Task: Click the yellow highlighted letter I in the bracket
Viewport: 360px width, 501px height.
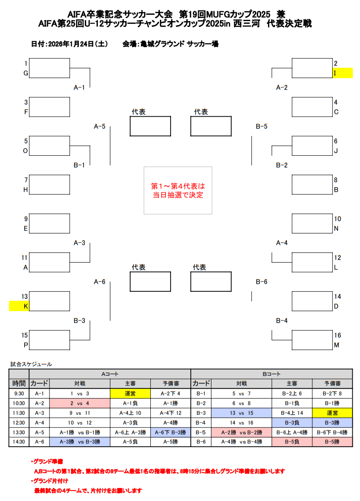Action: point(342,73)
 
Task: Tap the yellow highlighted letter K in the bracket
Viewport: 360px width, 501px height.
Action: point(19,306)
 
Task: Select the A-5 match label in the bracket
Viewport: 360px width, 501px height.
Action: point(100,127)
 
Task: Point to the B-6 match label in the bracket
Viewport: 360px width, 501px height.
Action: point(262,281)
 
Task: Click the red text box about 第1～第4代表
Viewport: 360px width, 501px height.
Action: point(177,190)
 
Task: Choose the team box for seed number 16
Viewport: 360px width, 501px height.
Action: point(312,340)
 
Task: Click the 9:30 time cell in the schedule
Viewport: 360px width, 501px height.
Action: point(19,393)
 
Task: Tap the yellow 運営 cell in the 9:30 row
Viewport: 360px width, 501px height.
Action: point(130,393)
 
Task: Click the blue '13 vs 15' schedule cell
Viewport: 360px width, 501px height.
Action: point(241,413)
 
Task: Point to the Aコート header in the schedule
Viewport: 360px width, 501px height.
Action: point(110,374)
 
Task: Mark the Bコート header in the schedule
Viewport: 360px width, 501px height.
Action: point(272,374)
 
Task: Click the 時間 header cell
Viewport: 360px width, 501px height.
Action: point(19,383)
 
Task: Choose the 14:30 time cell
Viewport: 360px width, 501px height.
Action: point(19,441)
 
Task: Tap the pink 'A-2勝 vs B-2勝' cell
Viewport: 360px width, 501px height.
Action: point(241,432)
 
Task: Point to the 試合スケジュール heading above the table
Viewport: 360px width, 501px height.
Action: point(31,364)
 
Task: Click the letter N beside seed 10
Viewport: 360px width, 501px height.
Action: point(336,228)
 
